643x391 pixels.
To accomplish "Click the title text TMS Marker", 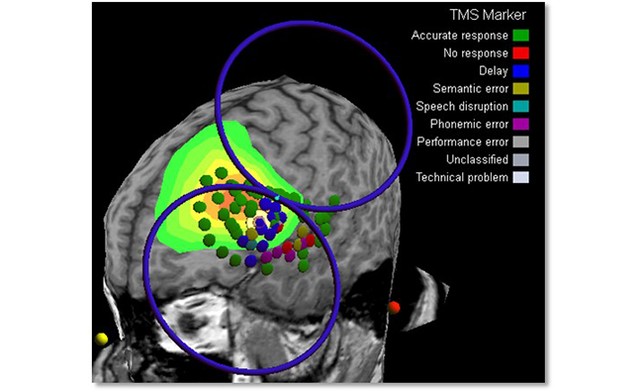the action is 488,15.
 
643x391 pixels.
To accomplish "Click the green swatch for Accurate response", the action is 520,36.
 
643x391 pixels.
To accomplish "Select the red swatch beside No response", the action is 520,52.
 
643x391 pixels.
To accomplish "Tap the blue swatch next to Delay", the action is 520,71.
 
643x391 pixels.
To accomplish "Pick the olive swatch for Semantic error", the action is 520,89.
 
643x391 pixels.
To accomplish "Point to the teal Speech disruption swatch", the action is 520,106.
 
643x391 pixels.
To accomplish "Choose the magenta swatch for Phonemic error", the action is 520,124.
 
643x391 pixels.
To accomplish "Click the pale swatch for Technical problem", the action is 520,177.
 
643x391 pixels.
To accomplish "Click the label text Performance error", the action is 463,142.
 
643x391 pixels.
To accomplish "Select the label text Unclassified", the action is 478,159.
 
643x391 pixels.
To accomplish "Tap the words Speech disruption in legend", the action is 462,107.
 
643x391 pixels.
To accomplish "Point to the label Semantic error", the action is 471,89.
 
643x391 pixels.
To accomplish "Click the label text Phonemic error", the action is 469,124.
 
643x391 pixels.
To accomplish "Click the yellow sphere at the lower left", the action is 101,339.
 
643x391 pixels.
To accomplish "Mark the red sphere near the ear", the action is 394,307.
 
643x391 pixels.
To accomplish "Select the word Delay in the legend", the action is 494,71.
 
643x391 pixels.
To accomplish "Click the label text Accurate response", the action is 460,36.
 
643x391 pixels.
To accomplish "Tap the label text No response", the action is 476,53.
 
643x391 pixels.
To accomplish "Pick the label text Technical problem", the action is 462,177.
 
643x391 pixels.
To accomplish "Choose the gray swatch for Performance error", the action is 520,142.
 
